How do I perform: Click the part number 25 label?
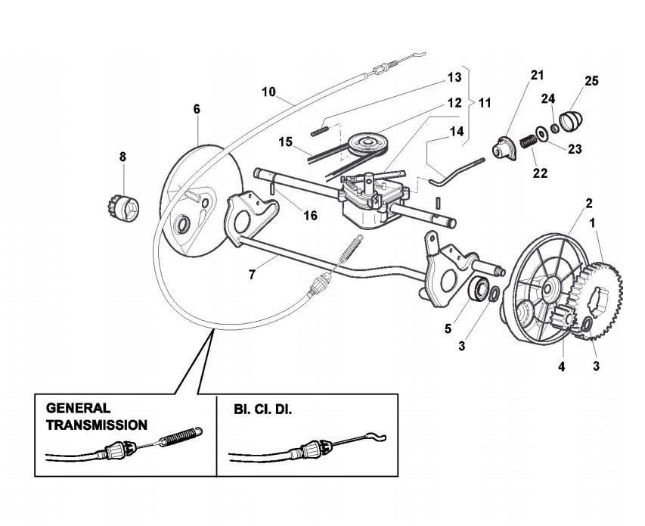(591, 81)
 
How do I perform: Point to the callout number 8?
(123, 157)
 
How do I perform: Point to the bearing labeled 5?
(479, 290)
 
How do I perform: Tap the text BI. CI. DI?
(260, 407)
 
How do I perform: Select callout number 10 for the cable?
(268, 92)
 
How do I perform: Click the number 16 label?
(310, 216)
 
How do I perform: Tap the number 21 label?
(537, 74)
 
